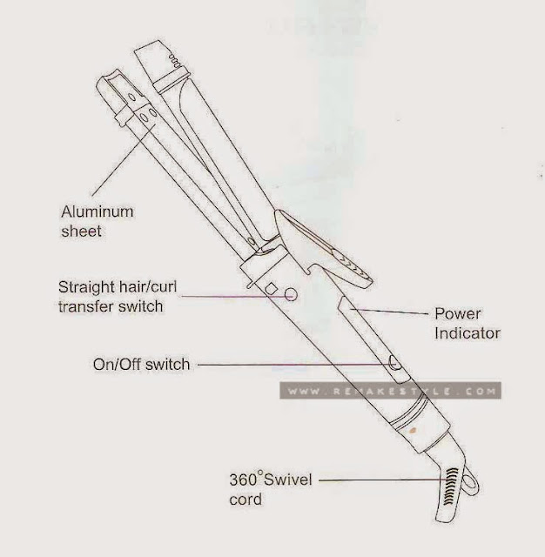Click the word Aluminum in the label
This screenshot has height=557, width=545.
point(98,211)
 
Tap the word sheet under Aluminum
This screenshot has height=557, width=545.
point(81,232)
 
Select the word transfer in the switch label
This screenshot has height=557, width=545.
point(85,306)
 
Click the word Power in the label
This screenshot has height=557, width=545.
point(458,313)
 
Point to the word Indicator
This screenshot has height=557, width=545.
point(468,333)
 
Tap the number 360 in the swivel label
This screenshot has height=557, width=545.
point(244,480)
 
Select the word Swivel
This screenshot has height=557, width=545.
point(288,480)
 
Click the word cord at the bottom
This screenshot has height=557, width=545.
point(246,500)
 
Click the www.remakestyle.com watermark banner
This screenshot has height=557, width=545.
point(390,391)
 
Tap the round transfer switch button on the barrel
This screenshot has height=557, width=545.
point(291,294)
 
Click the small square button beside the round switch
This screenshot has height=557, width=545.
point(272,288)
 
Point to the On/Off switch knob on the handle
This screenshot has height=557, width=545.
point(394,363)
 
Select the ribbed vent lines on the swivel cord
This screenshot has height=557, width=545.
point(450,486)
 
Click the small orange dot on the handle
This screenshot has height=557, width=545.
point(413,432)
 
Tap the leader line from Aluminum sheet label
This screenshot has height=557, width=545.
point(124,160)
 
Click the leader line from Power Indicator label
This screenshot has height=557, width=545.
point(388,312)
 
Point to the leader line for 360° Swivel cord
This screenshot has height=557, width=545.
point(383,480)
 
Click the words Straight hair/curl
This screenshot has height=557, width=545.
point(118,287)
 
